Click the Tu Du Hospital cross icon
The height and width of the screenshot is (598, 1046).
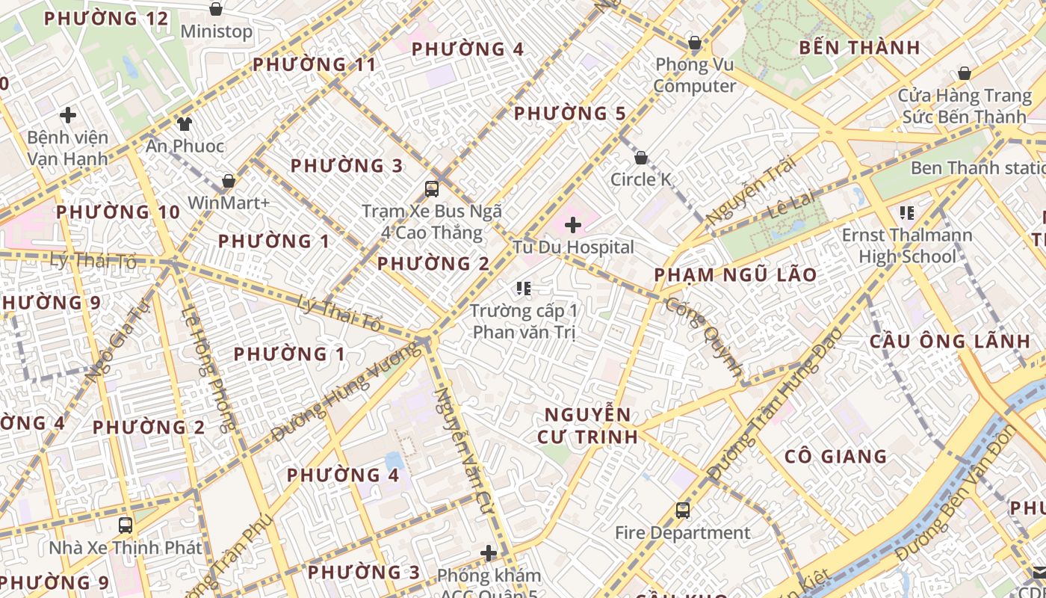pyautogui.click(x=573, y=224)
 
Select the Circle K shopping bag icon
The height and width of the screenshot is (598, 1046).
pyautogui.click(x=640, y=158)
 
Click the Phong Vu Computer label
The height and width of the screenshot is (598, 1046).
pyautogui.click(x=695, y=75)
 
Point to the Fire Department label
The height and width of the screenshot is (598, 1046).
pyautogui.click(x=682, y=533)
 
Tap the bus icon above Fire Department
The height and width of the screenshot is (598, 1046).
pyautogui.click(x=682, y=511)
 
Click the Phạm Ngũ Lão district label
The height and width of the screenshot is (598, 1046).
pyautogui.click(x=735, y=275)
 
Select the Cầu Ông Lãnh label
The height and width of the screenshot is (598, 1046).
pyautogui.click(x=950, y=342)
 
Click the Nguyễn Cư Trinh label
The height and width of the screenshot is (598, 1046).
pyautogui.click(x=587, y=425)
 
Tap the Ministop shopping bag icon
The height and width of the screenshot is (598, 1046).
pyautogui.click(x=216, y=9)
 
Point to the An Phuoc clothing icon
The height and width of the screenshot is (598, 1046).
pyautogui.click(x=185, y=123)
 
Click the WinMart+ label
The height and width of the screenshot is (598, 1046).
pyautogui.click(x=229, y=203)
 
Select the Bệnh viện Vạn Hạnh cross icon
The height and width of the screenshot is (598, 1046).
pyautogui.click(x=68, y=115)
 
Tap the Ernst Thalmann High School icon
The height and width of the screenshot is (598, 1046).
pyautogui.click(x=907, y=213)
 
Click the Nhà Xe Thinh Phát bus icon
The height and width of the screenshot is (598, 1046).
pyautogui.click(x=126, y=525)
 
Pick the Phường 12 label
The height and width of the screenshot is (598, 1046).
pyautogui.click(x=106, y=19)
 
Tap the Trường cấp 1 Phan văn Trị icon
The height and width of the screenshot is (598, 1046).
pyautogui.click(x=523, y=288)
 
